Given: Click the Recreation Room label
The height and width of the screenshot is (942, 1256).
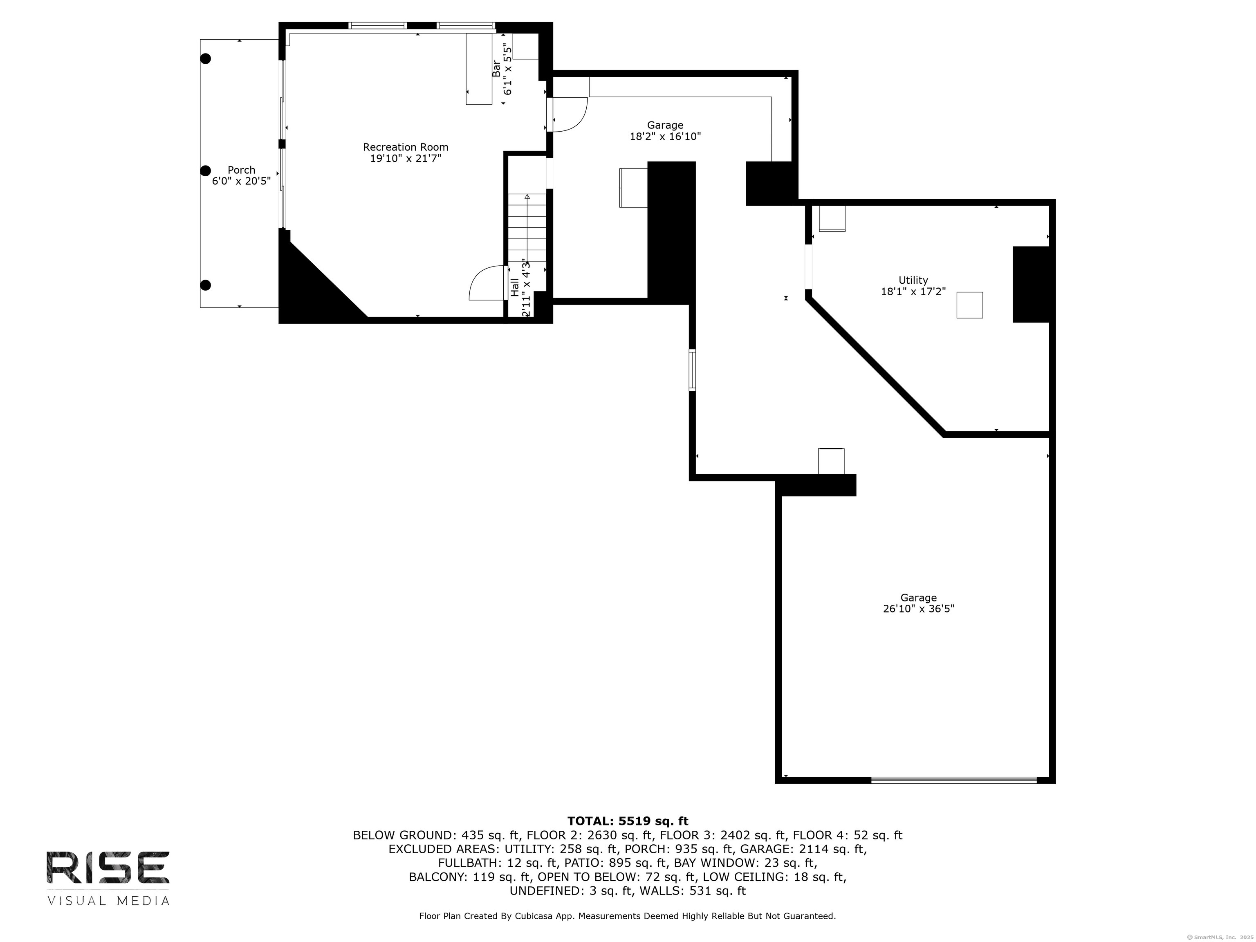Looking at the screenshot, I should (406, 147).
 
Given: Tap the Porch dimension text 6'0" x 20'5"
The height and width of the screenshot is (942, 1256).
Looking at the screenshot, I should (241, 181).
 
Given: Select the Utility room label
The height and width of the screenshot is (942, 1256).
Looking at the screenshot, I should (913, 280).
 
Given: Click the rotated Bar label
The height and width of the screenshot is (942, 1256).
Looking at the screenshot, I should (496, 69).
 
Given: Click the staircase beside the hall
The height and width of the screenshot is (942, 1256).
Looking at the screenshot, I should (527, 227).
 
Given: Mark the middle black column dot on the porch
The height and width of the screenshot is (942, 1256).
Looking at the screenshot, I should (206, 170).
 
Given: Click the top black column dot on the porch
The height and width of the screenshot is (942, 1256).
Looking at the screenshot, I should (206, 58).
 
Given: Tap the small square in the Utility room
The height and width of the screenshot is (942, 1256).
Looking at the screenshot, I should (969, 305).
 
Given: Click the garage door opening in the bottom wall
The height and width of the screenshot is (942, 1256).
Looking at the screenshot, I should (954, 780).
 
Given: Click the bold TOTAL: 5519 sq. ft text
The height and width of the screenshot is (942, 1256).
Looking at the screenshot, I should (628, 821).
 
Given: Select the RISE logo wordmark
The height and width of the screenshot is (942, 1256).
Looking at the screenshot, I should (108, 868).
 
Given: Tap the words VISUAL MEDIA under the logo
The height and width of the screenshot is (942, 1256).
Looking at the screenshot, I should (108, 901).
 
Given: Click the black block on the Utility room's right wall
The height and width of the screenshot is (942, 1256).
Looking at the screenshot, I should (1031, 285).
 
